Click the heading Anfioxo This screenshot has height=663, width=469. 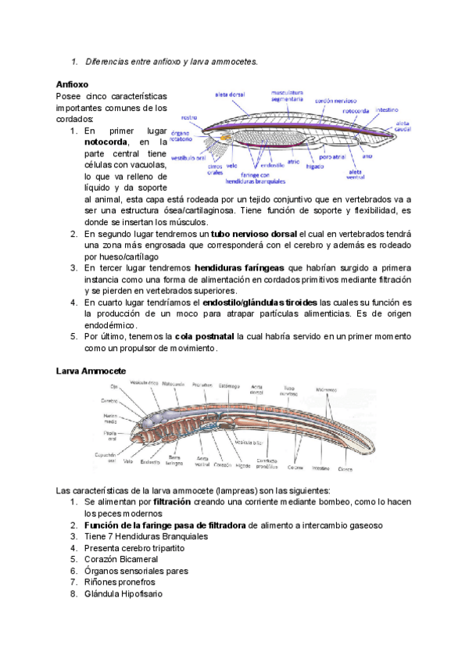pos(72,84)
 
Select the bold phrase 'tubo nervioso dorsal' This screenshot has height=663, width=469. pos(253,234)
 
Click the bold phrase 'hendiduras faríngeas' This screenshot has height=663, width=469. pos(240,267)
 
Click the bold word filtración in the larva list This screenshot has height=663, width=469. pos(173,500)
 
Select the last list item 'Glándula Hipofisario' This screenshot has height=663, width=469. pos(124,593)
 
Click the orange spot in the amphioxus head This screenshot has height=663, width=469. pos(225,137)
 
